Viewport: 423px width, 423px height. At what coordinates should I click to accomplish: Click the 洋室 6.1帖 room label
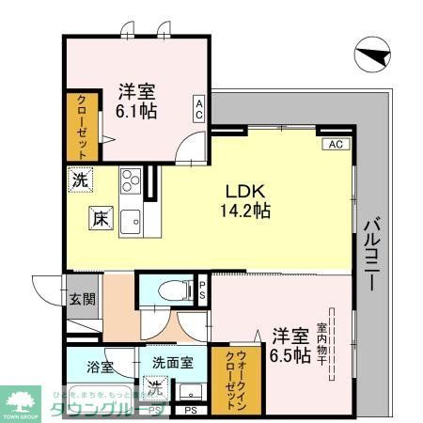[x=137, y=102]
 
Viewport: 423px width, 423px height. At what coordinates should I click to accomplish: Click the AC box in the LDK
[x=336, y=144]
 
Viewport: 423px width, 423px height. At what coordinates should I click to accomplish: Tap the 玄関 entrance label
[x=82, y=300]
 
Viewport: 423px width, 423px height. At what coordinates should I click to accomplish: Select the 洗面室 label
[x=173, y=361]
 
